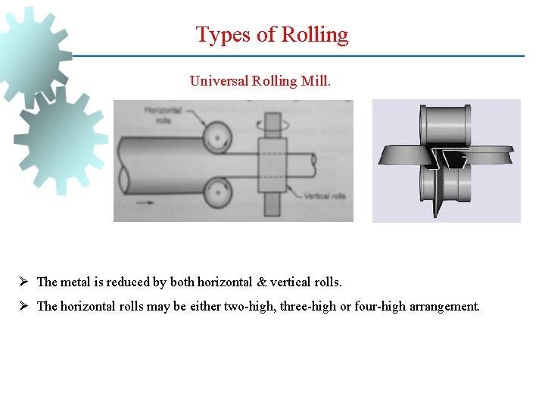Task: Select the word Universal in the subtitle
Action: (x=219, y=80)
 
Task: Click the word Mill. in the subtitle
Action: (x=316, y=80)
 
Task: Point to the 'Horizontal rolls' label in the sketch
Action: (x=160, y=114)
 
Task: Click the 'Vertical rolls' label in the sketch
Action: (x=327, y=196)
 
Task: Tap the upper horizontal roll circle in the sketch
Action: (x=217, y=136)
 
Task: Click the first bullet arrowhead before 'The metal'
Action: (x=24, y=282)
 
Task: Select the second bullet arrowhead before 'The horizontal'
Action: (x=24, y=307)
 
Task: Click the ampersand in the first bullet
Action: (x=262, y=283)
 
